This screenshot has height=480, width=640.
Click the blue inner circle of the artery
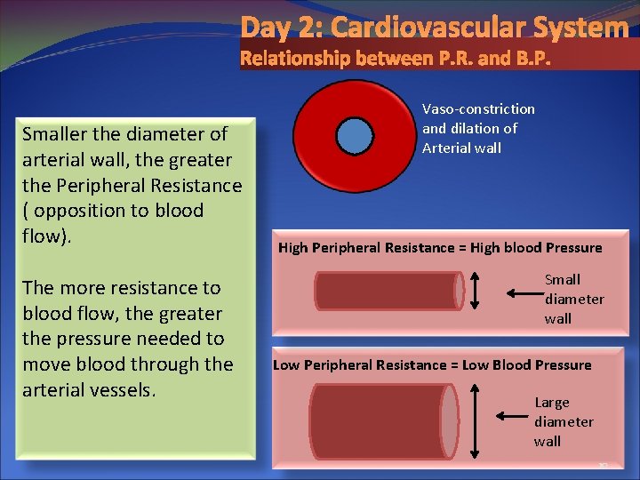(356, 136)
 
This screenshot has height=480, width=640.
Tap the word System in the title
(579, 28)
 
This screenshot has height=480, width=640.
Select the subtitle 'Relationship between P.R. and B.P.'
(396, 60)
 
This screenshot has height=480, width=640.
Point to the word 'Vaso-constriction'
(478, 109)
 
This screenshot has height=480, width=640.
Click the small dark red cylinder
(388, 291)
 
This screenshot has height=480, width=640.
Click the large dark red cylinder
(383, 421)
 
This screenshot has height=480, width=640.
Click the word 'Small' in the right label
(562, 280)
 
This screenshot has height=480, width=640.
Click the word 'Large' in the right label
(552, 403)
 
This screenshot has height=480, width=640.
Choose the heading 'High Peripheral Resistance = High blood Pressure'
(440, 248)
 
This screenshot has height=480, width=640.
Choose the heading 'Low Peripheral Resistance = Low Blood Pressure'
(432, 365)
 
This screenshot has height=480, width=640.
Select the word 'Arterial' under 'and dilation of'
(448, 148)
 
